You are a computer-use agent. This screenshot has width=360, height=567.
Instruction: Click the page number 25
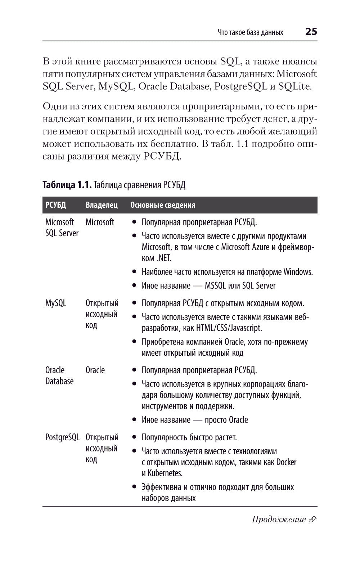coord(311,32)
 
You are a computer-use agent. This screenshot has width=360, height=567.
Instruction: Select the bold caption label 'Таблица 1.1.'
coord(67,185)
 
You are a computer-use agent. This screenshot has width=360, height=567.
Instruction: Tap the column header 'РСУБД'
coord(56,205)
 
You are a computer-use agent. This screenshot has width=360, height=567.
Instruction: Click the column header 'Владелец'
coord(102,205)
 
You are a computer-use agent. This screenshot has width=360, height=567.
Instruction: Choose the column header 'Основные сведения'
coord(163,205)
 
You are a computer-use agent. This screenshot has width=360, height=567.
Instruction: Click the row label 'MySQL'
coord(56,303)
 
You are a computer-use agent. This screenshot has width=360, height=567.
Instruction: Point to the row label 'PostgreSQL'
coord(62,437)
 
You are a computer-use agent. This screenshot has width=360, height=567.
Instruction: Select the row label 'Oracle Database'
coord(59,375)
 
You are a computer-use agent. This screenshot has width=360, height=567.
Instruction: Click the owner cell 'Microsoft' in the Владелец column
coord(100,222)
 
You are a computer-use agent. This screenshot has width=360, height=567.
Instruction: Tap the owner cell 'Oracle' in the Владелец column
coord(95,370)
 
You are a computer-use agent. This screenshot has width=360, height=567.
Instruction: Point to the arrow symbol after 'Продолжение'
coord(312,519)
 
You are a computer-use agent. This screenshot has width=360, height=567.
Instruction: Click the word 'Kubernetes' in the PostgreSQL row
coord(165,473)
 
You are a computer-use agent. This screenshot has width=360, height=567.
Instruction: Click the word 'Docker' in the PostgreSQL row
coord(286,462)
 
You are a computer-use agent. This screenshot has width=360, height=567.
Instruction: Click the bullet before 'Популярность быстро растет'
coord(134,438)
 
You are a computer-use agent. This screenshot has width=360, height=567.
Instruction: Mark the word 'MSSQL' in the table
coord(215,286)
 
